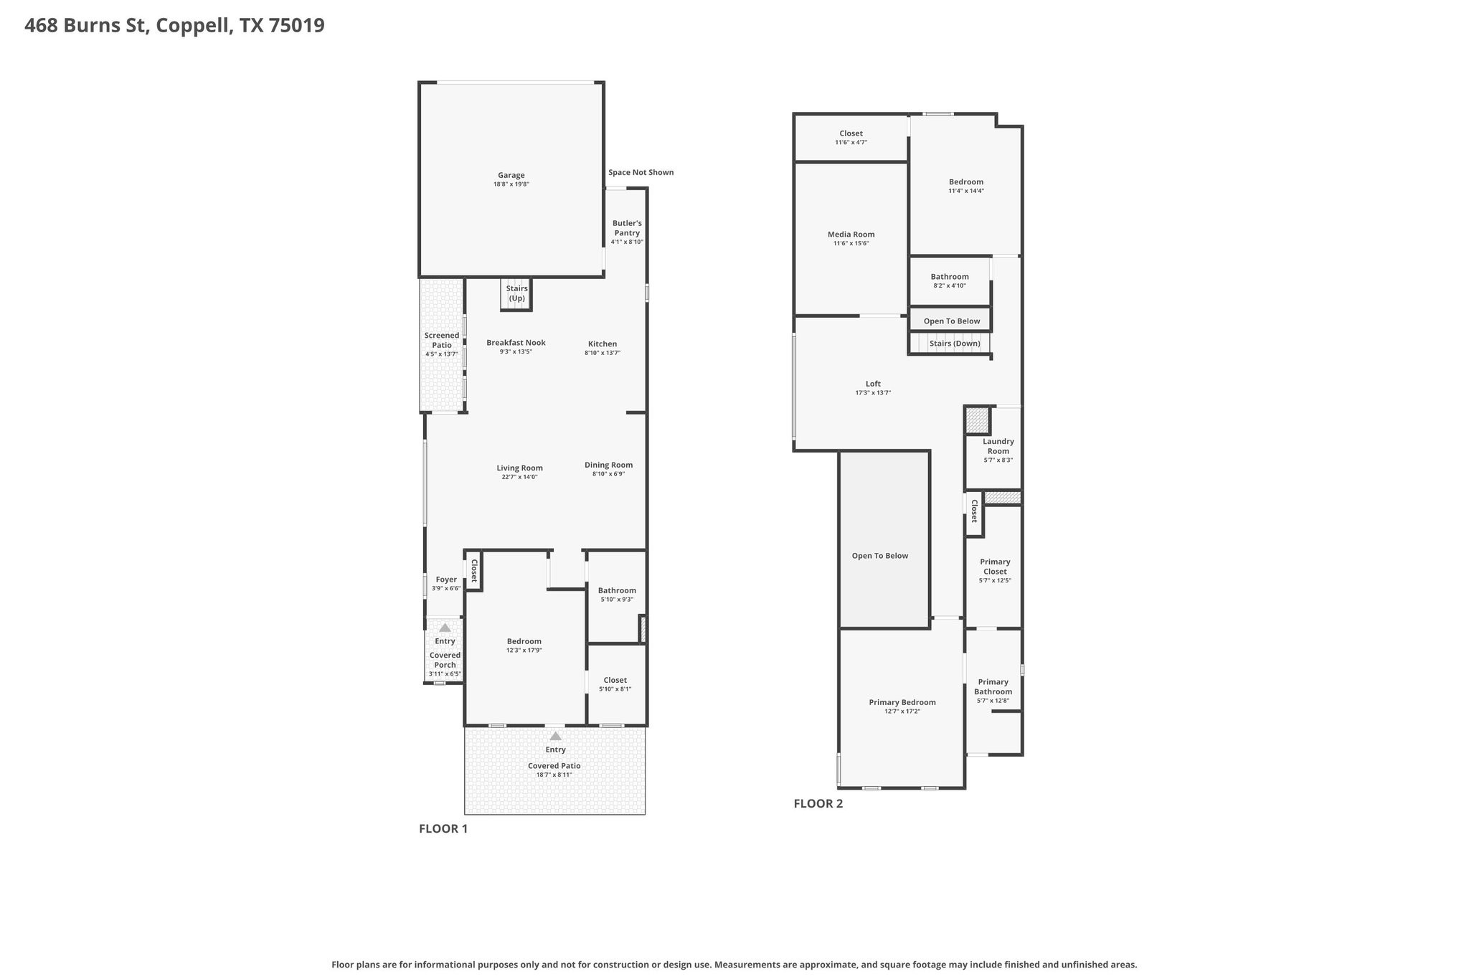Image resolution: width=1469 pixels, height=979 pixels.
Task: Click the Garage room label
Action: [x=511, y=175]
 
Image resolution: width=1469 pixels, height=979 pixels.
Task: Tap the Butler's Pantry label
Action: [x=627, y=228]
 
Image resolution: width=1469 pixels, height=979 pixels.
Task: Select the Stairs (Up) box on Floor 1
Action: [x=516, y=294]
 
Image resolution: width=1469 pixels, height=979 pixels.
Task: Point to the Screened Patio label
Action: [x=442, y=340]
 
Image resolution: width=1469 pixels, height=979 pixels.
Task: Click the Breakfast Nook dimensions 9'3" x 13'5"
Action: [x=516, y=352]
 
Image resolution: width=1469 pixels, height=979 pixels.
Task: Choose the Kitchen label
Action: [x=603, y=344]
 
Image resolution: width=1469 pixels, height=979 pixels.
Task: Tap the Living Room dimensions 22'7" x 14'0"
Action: [x=520, y=477]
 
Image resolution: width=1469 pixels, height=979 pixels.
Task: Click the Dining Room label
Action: [x=608, y=465]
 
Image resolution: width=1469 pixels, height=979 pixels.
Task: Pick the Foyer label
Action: [x=446, y=580]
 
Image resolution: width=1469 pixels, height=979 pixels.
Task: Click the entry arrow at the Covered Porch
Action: [x=445, y=628]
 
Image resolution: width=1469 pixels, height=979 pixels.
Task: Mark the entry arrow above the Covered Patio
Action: [x=555, y=736]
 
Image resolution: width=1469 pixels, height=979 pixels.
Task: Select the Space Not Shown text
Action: [x=641, y=172]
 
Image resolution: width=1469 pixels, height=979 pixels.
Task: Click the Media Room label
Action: [x=851, y=235]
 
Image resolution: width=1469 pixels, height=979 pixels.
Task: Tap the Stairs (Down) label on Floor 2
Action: [x=955, y=344]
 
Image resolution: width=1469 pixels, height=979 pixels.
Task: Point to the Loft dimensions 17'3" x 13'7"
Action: [x=873, y=393]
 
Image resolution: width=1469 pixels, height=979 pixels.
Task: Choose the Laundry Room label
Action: [x=998, y=446]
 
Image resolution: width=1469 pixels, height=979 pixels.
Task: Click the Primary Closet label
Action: [x=995, y=567]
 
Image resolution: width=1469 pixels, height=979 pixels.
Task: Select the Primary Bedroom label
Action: [x=902, y=702]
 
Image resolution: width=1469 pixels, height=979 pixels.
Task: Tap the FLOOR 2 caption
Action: [x=818, y=803]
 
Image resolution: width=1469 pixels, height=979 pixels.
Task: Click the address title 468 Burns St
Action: [x=86, y=26]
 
